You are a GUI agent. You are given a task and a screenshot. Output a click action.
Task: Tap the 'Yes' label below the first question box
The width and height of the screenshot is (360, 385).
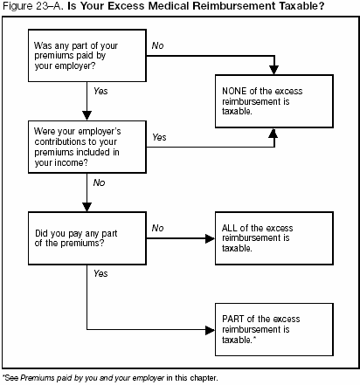pos(100,91)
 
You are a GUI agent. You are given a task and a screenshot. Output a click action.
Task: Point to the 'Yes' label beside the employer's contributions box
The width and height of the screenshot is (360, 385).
pos(160,137)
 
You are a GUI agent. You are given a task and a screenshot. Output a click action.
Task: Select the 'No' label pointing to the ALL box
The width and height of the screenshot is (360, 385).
pos(157,228)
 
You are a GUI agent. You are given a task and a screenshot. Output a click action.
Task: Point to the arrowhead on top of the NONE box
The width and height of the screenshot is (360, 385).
pos(275,69)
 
